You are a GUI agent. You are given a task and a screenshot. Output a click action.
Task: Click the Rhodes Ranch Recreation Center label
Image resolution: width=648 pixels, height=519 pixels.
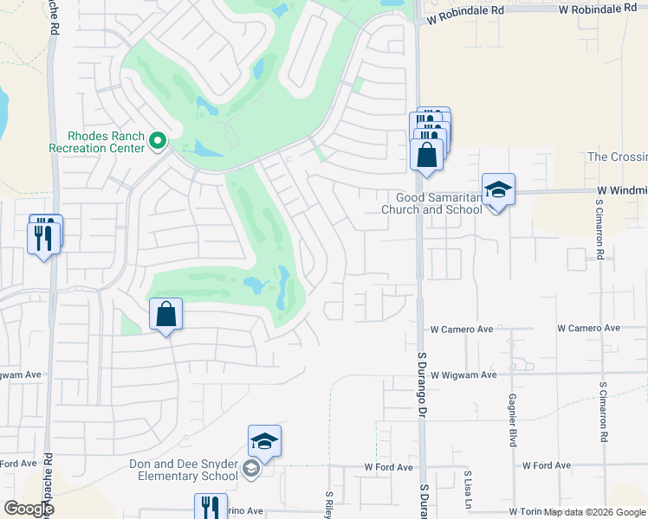pyautogui.click(x=106, y=142)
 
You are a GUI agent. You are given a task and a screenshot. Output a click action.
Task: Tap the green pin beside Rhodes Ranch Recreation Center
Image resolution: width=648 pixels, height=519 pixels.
pyautogui.click(x=158, y=141)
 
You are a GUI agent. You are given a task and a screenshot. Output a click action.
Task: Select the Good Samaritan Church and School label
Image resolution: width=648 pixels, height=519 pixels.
pyautogui.click(x=433, y=203)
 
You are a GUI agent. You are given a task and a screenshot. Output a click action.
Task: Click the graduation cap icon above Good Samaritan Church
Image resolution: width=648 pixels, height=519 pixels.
pyautogui.click(x=498, y=189)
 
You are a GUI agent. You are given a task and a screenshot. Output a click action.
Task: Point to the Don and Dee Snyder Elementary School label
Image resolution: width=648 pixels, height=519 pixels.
pyautogui.click(x=184, y=470)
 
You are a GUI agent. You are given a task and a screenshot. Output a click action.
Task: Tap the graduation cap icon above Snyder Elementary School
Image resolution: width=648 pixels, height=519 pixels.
pyautogui.click(x=265, y=441)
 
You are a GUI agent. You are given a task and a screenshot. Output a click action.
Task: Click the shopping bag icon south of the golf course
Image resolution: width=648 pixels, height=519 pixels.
pyautogui.click(x=166, y=314)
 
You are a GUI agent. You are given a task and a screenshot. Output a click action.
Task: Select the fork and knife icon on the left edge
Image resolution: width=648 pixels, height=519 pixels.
pyautogui.click(x=43, y=236)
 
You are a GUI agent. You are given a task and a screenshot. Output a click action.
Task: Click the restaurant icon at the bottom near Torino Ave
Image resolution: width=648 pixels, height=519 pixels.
pyautogui.click(x=211, y=507)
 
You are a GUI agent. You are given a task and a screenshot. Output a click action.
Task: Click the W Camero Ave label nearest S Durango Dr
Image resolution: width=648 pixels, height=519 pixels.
pyautogui.click(x=462, y=329)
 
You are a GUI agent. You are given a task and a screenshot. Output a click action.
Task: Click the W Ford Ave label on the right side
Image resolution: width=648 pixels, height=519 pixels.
pyautogui.click(x=547, y=465)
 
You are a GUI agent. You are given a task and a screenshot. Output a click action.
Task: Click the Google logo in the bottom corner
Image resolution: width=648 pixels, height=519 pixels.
pyautogui.click(x=29, y=509)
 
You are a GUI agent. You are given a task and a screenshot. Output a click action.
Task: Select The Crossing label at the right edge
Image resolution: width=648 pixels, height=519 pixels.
pyautogui.click(x=617, y=157)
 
